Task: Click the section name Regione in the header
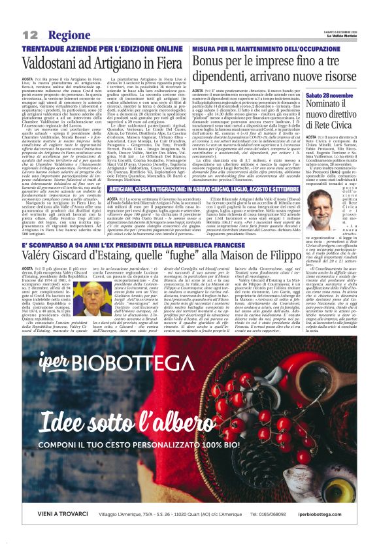[70, 34]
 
